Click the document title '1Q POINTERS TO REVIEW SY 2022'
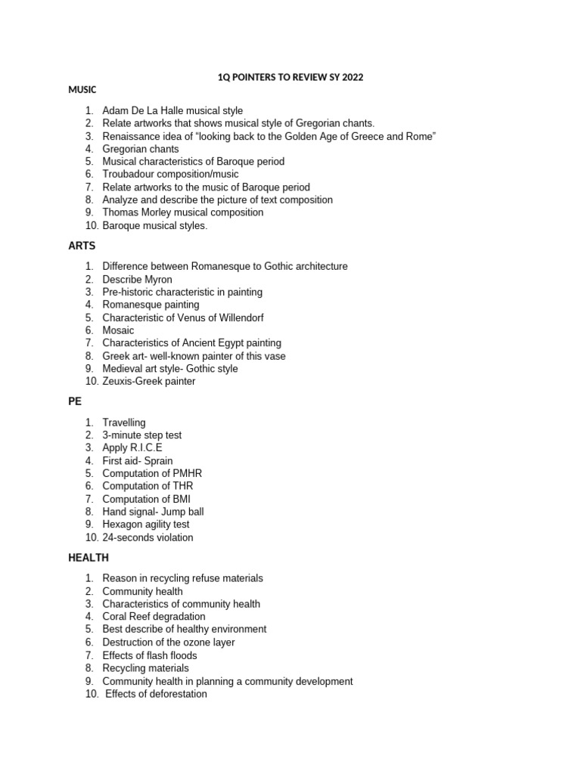290,77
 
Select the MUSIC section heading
82,90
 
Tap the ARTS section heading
82,246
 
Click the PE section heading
75,401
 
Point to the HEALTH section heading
89,558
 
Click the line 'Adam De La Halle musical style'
172,110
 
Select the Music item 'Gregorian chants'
141,149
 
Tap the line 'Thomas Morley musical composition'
183,212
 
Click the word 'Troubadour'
128,175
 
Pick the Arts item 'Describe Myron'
137,280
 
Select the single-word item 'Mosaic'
118,330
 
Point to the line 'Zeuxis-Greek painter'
149,381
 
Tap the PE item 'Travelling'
124,423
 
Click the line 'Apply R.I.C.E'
132,447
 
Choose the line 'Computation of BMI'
146,499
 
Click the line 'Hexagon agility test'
146,524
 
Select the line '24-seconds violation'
148,537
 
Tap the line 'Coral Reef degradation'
154,617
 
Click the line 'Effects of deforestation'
156,694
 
